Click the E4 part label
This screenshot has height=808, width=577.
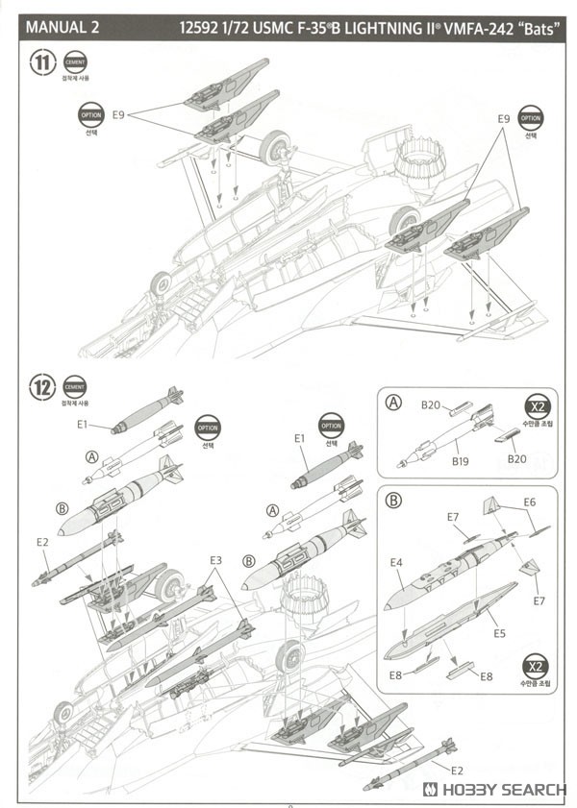point(396,562)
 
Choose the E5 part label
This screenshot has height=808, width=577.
point(499,635)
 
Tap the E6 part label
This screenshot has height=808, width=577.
point(529,502)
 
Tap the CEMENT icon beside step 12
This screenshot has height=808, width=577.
point(74,387)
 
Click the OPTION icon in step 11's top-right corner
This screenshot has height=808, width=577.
point(530,119)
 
